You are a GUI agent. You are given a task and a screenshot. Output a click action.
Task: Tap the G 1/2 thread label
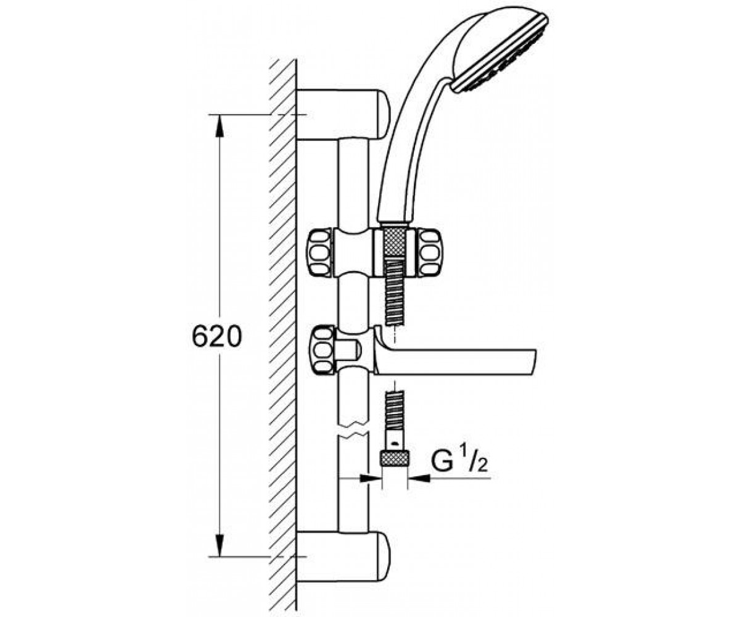tap(459, 460)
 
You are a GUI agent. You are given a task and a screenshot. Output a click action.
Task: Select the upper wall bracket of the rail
tap(343, 115)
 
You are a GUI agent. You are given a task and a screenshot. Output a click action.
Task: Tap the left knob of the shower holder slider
tap(321, 252)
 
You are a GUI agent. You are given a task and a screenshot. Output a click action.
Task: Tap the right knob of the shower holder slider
tap(430, 252)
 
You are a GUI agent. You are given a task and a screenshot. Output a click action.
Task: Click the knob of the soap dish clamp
tap(323, 350)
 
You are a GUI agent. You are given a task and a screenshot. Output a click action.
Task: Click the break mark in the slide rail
tap(353, 430)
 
